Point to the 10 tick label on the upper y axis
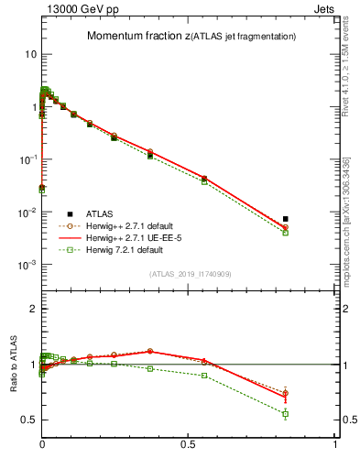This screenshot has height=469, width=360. point(30,54)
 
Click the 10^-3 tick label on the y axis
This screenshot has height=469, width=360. point(27,265)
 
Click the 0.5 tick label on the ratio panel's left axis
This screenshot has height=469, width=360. point(28,420)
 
